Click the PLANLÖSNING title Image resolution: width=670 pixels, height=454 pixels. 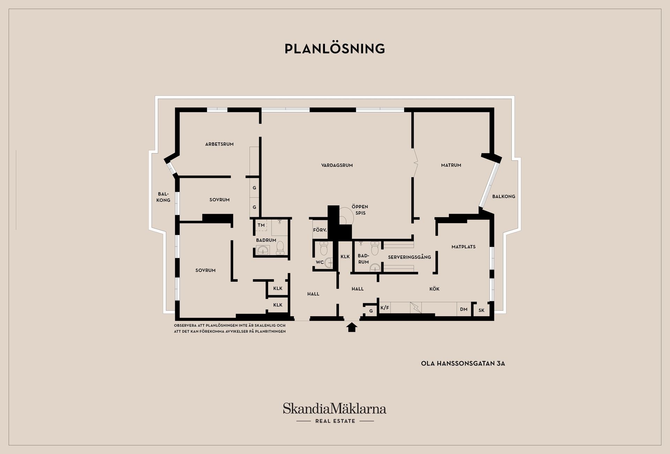[335, 48]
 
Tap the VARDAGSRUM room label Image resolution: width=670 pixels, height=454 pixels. [337, 165]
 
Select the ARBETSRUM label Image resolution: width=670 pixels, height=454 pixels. [219, 144]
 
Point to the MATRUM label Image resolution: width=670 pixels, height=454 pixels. [451, 165]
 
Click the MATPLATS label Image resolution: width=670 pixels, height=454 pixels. [463, 247]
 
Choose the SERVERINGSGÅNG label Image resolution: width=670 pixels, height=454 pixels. [409, 257]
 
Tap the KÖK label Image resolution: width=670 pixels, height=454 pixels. [434, 289]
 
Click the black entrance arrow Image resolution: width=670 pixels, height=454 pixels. [352, 327]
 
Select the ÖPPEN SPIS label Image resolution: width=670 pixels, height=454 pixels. [360, 210]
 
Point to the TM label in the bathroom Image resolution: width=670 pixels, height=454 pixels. [261, 225]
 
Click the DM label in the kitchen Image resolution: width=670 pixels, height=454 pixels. [464, 309]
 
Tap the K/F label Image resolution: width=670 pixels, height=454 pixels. [385, 308]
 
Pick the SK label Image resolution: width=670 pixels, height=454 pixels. [482, 310]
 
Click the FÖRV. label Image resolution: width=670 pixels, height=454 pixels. [320, 230]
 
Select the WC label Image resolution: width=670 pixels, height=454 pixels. [320, 262]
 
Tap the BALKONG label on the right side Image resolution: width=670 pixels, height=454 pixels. [504, 197]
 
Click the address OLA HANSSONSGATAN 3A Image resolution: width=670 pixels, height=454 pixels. [463, 363]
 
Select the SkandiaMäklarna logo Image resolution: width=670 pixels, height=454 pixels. [335, 409]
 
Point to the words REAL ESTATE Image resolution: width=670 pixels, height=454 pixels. [335, 421]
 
